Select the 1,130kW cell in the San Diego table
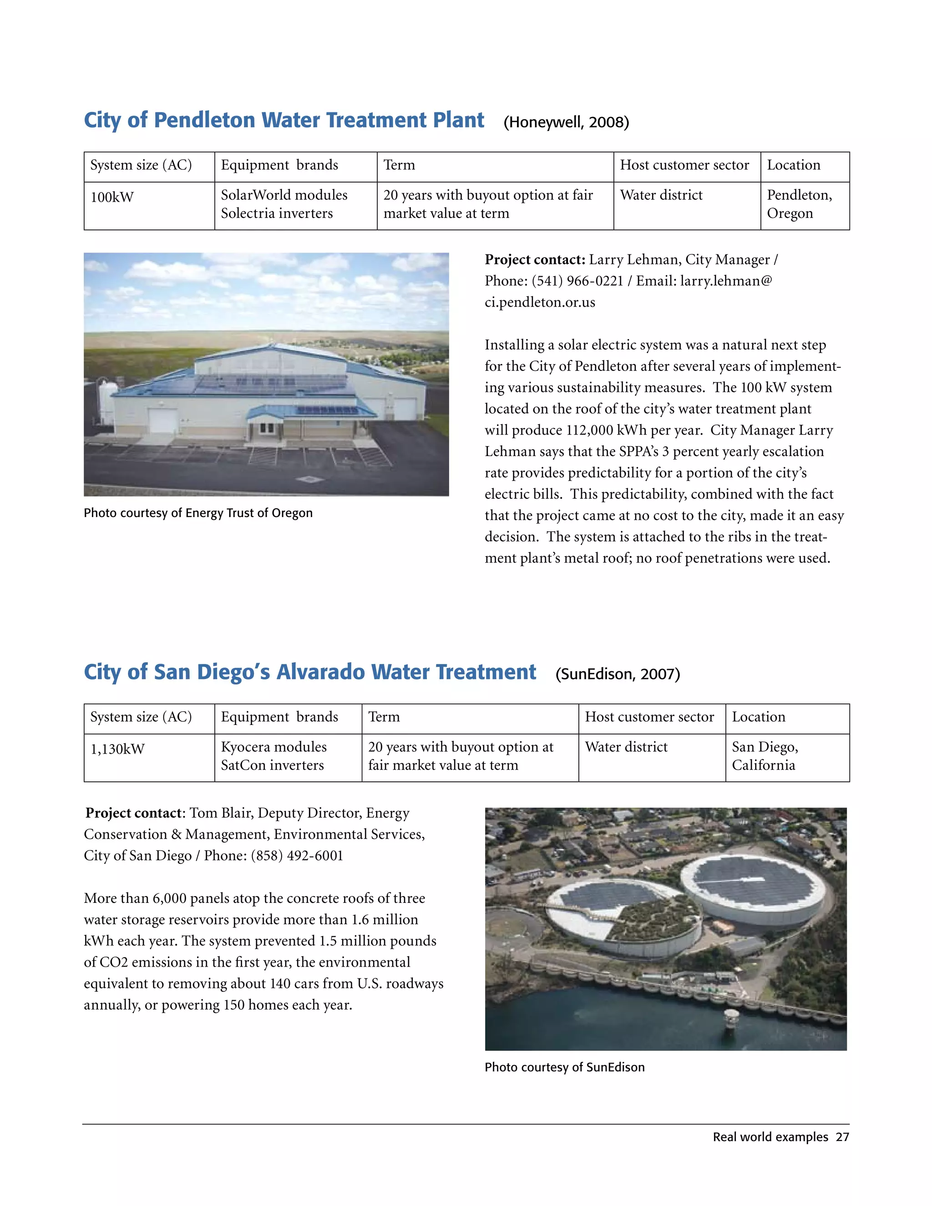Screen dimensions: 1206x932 click(117, 750)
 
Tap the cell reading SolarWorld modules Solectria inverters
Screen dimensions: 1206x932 click(284, 204)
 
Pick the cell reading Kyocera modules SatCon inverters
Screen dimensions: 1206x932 click(274, 756)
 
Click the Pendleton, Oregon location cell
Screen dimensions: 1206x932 click(799, 204)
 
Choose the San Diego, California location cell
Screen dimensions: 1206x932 click(765, 756)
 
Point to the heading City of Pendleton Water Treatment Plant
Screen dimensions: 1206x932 click(284, 121)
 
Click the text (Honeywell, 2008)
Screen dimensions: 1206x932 click(566, 122)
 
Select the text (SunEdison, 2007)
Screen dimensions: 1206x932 click(617, 674)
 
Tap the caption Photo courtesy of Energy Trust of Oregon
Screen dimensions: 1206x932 click(198, 513)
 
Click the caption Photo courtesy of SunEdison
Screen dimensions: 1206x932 click(564, 1067)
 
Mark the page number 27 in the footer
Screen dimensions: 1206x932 click(842, 1137)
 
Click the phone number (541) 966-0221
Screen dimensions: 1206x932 click(577, 281)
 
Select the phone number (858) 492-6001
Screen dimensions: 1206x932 click(297, 856)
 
